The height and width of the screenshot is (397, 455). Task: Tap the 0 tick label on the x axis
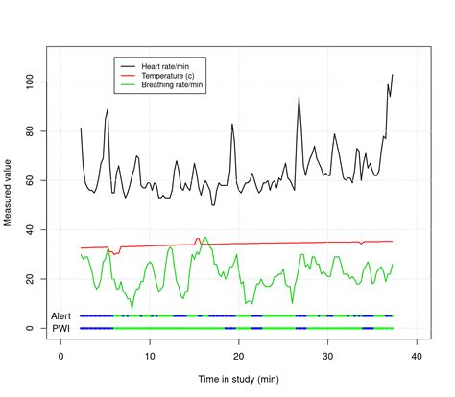click(x=61, y=355)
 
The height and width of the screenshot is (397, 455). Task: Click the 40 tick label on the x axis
click(x=417, y=355)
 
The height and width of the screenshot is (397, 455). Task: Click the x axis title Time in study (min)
click(x=239, y=381)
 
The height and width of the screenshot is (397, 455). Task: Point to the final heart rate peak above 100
click(x=393, y=75)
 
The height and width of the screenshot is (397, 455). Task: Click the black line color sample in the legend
click(x=127, y=64)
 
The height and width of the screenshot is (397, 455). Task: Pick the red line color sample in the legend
click(x=127, y=75)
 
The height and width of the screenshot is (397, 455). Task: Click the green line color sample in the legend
click(x=127, y=85)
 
